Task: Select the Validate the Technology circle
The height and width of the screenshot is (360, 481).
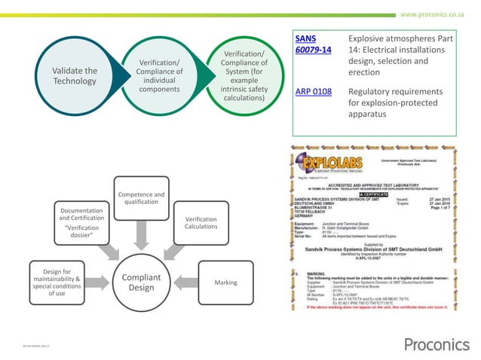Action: [x=75, y=76]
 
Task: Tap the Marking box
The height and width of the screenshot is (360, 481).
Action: [x=225, y=282]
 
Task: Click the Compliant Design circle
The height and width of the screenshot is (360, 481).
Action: [x=140, y=283]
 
